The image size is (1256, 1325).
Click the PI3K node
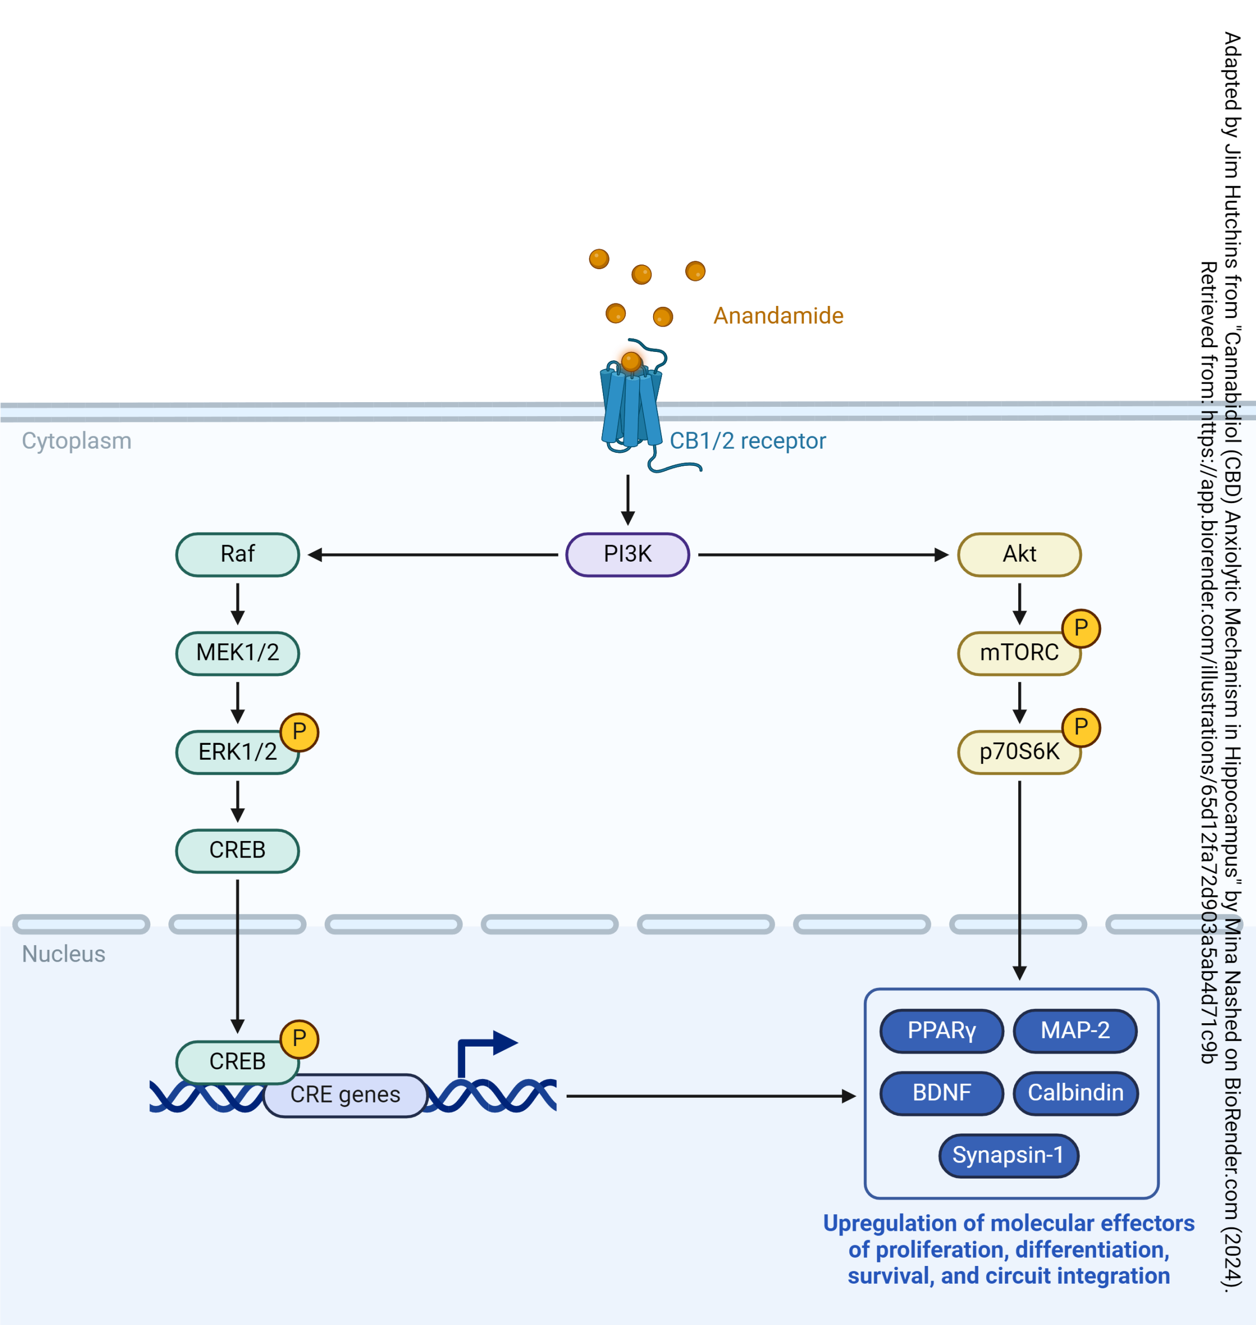[x=627, y=554]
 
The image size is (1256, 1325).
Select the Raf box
[x=238, y=554]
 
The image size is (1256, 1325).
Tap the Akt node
[x=1019, y=554]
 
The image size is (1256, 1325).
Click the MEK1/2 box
[x=238, y=653]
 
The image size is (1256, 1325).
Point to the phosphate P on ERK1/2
[x=299, y=731]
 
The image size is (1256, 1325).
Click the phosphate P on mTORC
[x=1080, y=628]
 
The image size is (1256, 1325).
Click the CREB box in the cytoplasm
[x=238, y=850]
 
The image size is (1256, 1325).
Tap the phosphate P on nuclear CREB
[x=299, y=1038]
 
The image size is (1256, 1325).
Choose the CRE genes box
[x=345, y=1095]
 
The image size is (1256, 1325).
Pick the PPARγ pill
[x=941, y=1030]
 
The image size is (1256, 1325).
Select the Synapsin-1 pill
[x=1008, y=1155]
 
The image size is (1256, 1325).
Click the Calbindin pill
[x=1075, y=1093]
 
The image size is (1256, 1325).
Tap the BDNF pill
[x=941, y=1093]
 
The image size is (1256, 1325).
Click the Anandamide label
[x=778, y=315]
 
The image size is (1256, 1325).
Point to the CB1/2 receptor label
[x=748, y=441]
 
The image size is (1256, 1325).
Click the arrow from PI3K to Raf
[x=432, y=554]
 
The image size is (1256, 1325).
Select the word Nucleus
[x=64, y=953]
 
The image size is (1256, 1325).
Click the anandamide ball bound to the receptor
[x=631, y=362]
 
